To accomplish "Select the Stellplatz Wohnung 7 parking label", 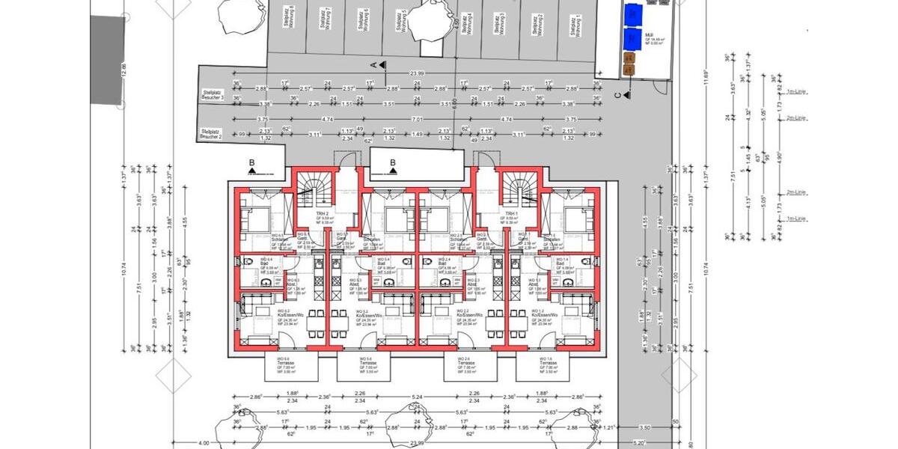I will (326, 18).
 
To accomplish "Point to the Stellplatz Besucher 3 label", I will (213, 97).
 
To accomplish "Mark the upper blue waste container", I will (633, 13).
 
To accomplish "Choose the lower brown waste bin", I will (629, 70).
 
